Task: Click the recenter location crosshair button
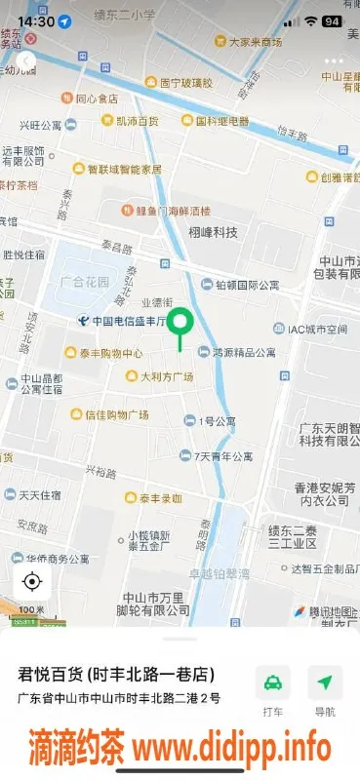tap(31, 582)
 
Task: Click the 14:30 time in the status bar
tap(35, 20)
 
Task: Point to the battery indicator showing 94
tap(332, 20)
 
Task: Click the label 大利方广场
tap(166, 377)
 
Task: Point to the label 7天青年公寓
tap(223, 455)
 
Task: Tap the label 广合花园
tap(84, 282)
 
